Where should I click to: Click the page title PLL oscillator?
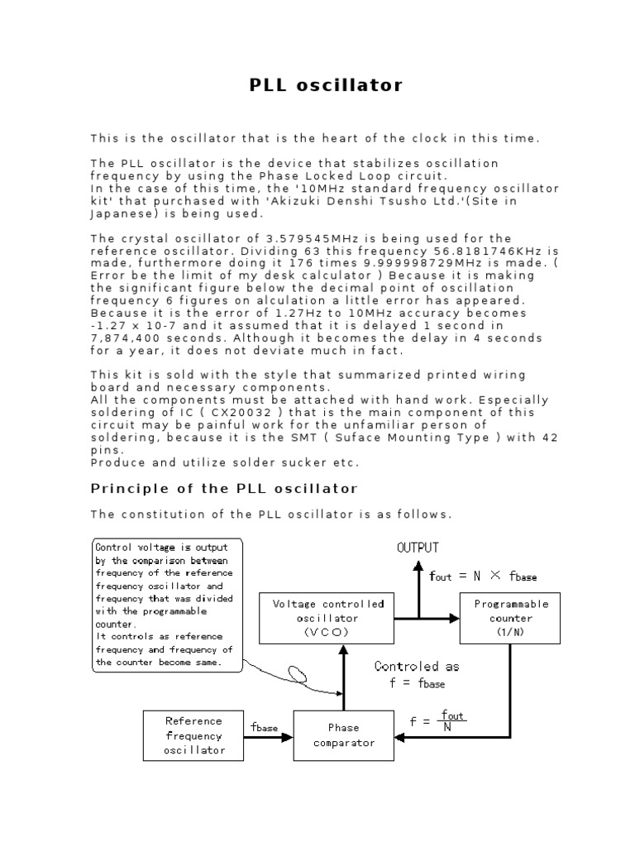click(x=326, y=85)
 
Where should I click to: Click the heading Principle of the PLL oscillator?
click(x=223, y=488)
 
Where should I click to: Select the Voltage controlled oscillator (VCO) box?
click(x=328, y=618)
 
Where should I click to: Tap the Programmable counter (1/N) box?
click(x=510, y=618)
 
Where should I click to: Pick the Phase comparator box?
click(x=343, y=735)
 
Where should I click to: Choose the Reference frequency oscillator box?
click(x=194, y=735)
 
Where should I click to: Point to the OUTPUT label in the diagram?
click(x=418, y=548)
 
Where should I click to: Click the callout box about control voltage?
click(x=165, y=605)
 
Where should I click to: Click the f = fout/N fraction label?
click(x=438, y=720)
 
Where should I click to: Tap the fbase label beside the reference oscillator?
click(x=265, y=728)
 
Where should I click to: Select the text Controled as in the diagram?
click(x=417, y=667)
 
